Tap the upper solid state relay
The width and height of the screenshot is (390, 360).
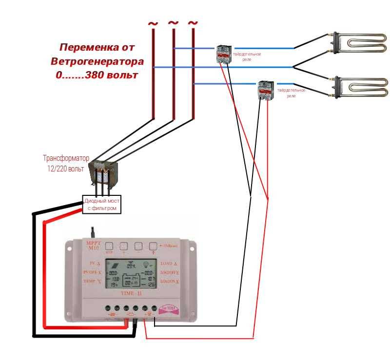tap(224, 53)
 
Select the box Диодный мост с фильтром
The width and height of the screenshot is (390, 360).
tap(101, 204)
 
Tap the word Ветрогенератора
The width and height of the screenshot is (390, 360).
tap(97, 61)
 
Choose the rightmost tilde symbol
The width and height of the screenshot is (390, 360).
tap(193, 23)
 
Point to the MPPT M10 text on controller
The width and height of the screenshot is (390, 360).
tap(93, 246)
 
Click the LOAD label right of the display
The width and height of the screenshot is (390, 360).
tap(167, 263)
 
